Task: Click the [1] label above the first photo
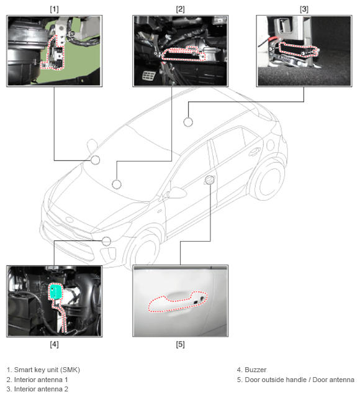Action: click(54, 9)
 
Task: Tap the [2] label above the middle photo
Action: click(180, 9)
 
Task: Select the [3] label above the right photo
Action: click(304, 9)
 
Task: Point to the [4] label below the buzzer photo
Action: click(54, 344)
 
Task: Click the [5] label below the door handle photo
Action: click(180, 344)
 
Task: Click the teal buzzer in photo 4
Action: click(55, 291)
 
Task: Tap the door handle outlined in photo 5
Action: click(178, 302)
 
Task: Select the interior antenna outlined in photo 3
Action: click(298, 49)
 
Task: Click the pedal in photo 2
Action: click(149, 75)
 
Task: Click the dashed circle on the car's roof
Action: click(188, 122)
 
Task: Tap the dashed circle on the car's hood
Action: click(116, 185)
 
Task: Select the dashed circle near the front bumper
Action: click(106, 241)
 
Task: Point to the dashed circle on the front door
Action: click(209, 180)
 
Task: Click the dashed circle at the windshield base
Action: click(95, 160)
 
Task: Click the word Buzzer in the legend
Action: click(256, 370)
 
